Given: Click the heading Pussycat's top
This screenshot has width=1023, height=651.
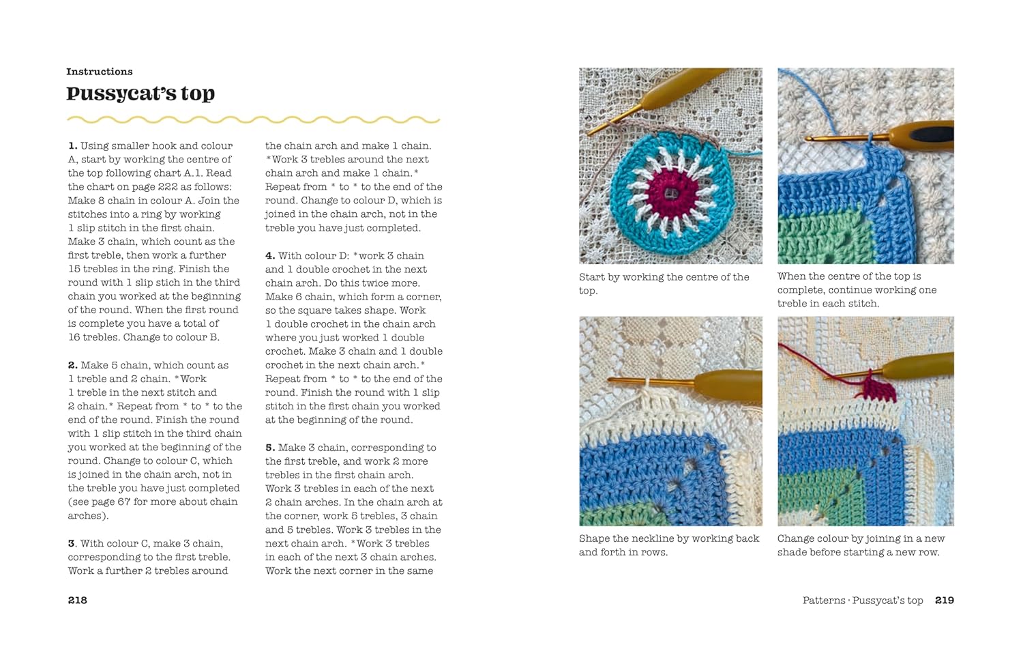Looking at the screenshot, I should [140, 93].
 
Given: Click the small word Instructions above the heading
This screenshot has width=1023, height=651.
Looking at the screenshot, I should [100, 72].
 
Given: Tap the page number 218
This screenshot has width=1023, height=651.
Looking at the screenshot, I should [78, 601].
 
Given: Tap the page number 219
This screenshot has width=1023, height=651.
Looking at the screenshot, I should [945, 601].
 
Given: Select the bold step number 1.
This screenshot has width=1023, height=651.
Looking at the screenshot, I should [72, 146].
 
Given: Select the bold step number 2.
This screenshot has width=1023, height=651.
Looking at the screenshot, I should [72, 365].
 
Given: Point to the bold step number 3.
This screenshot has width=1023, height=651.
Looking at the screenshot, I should [72, 544].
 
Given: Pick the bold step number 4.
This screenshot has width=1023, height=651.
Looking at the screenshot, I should [270, 256].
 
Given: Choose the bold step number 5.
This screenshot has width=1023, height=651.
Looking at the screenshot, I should [270, 448].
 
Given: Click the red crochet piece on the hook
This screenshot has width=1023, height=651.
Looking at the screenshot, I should [880, 389].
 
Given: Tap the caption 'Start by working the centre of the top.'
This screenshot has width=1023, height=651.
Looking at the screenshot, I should [664, 284].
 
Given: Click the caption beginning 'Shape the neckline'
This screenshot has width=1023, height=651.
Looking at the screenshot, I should [668, 545].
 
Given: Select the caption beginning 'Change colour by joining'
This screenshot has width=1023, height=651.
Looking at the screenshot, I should [861, 545].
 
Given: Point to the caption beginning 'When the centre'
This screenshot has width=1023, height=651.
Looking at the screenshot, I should [857, 290].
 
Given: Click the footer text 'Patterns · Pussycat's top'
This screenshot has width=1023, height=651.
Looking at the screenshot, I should [863, 601].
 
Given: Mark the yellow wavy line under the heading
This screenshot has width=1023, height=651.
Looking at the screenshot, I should [253, 120].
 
